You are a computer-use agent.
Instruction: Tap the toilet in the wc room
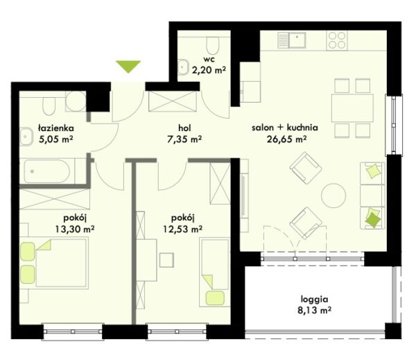[x=213, y=46]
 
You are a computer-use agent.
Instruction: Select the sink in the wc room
[x=183, y=67]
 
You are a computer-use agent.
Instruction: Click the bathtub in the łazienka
[x=47, y=171]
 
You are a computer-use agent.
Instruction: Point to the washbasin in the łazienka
[x=26, y=137]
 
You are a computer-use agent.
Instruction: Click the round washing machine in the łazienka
[x=76, y=101]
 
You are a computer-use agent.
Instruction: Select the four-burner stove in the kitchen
[x=337, y=40]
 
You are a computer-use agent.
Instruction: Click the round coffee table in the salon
[x=333, y=196]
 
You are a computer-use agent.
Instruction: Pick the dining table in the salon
[x=352, y=108]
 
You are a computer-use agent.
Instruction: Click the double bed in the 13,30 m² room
[x=54, y=263]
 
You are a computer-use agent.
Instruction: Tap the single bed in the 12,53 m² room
[x=214, y=273]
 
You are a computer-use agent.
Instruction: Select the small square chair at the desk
[x=166, y=260]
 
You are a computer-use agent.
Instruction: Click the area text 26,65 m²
[x=286, y=139]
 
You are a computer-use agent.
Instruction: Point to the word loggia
[x=314, y=300]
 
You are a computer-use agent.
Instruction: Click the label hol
[x=184, y=128]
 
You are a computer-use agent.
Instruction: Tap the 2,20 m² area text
[x=209, y=70]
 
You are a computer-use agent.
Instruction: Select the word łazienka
[x=55, y=128]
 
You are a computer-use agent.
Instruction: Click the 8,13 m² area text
[x=314, y=310]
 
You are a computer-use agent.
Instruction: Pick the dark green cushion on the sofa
[x=373, y=220]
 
